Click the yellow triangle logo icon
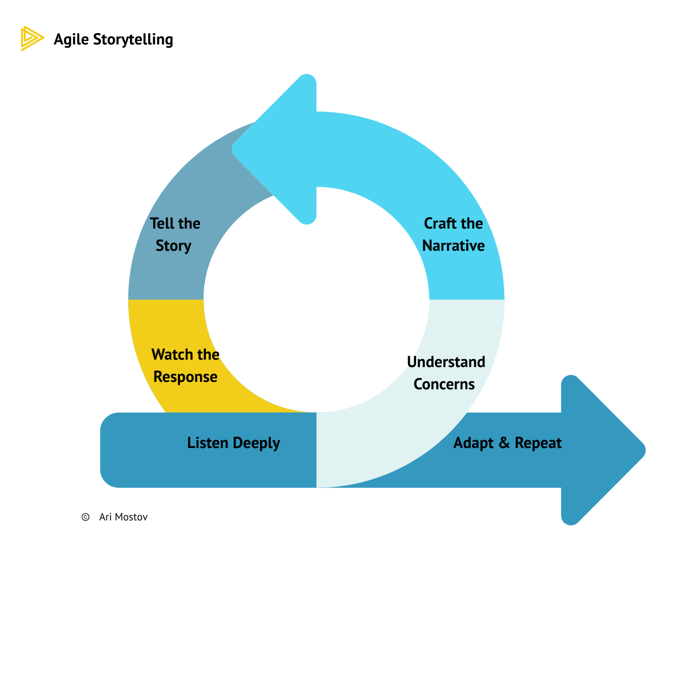(31, 39)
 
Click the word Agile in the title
(71, 39)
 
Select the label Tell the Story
(175, 234)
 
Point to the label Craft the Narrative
(453, 234)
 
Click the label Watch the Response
(185, 365)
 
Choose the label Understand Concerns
(446, 373)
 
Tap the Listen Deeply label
(233, 443)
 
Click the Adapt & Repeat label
(507, 443)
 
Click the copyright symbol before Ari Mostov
(85, 517)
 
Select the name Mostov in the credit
(131, 517)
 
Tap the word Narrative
(453, 246)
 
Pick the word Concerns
(444, 384)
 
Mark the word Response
(185, 377)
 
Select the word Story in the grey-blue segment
(173, 246)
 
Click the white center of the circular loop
(316, 299)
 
